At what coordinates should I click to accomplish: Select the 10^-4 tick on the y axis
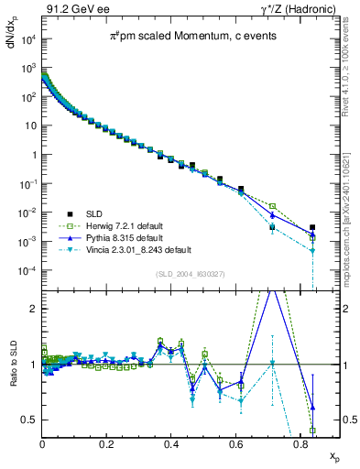pos(27,271)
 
